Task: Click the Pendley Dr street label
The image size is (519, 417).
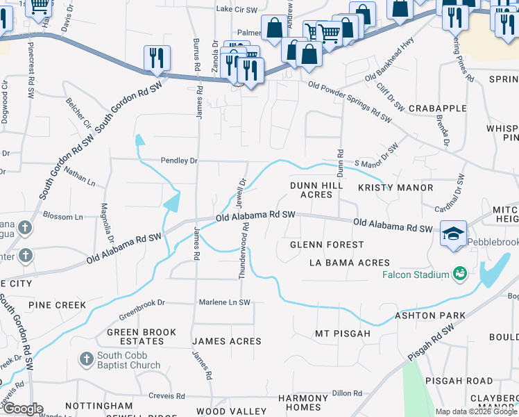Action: [x=180, y=161]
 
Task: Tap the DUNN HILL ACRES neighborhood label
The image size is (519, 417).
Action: [x=316, y=190]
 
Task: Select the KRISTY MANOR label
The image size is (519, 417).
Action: [x=395, y=188]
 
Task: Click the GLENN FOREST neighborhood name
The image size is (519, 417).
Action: [x=326, y=245]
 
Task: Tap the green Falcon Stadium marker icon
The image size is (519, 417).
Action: [x=458, y=275]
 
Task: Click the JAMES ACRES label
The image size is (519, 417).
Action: [x=227, y=341]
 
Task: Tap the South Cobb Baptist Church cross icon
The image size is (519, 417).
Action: [x=86, y=359]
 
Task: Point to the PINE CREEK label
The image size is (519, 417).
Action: [x=58, y=305]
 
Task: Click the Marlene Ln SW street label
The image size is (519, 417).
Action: [x=225, y=302]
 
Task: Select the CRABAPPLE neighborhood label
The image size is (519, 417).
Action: [x=437, y=108]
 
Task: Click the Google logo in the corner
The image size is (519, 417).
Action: [x=22, y=409]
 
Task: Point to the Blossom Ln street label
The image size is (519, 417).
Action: [x=62, y=217]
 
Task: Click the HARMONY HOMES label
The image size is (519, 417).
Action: [x=303, y=402]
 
